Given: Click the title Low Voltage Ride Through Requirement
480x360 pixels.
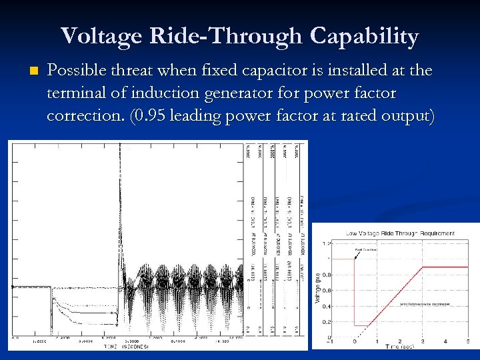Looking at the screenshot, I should [400, 233].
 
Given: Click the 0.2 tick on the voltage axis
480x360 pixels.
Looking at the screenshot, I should [325, 321].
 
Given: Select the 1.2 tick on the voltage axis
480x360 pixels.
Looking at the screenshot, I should [325, 243].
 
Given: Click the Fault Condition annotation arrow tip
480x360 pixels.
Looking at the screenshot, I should [353, 259].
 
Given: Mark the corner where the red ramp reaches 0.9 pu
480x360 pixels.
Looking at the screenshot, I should [421, 267].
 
